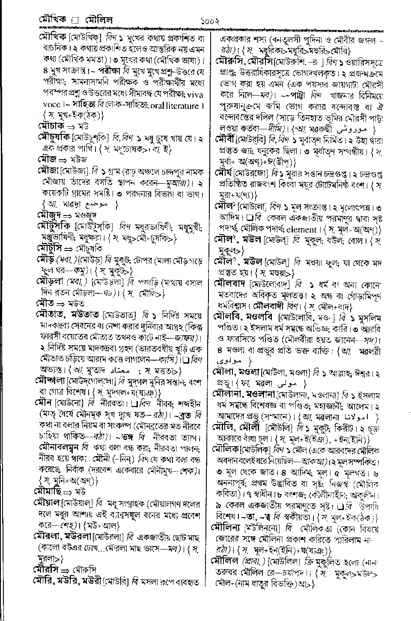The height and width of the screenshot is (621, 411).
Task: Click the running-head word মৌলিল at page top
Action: click(x=98, y=20)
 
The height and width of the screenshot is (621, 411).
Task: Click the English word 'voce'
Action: click(x=51, y=105)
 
